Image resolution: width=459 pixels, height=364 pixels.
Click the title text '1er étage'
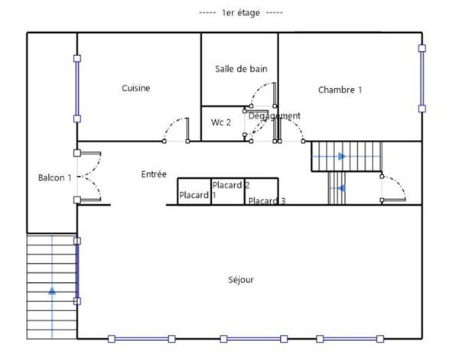pos(240,13)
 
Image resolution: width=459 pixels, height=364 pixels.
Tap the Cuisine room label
pos(135,88)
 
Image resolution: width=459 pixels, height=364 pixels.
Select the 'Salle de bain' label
pos(241,69)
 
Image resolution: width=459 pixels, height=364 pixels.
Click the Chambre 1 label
pos(340,90)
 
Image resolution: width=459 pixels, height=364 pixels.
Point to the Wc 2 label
pos(220,122)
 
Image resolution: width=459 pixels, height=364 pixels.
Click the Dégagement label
pos(274,116)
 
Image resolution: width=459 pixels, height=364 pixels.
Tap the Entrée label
pos(154,174)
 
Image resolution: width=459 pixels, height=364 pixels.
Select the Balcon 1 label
pos(54,177)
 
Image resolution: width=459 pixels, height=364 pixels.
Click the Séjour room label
pos(241,280)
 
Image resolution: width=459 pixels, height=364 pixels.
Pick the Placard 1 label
pos(197,196)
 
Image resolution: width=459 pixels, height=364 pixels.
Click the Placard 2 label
pos(231,185)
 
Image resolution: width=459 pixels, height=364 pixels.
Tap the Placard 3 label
pos(267,201)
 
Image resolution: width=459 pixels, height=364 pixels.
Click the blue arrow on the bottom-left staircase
pos(52,290)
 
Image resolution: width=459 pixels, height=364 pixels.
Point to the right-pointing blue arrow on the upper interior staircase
pos(341,156)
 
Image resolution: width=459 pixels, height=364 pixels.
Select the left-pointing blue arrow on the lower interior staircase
pos(341,188)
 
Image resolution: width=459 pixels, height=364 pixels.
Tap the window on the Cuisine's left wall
pos(76,88)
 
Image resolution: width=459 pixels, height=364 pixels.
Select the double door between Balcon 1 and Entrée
pos(89,176)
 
